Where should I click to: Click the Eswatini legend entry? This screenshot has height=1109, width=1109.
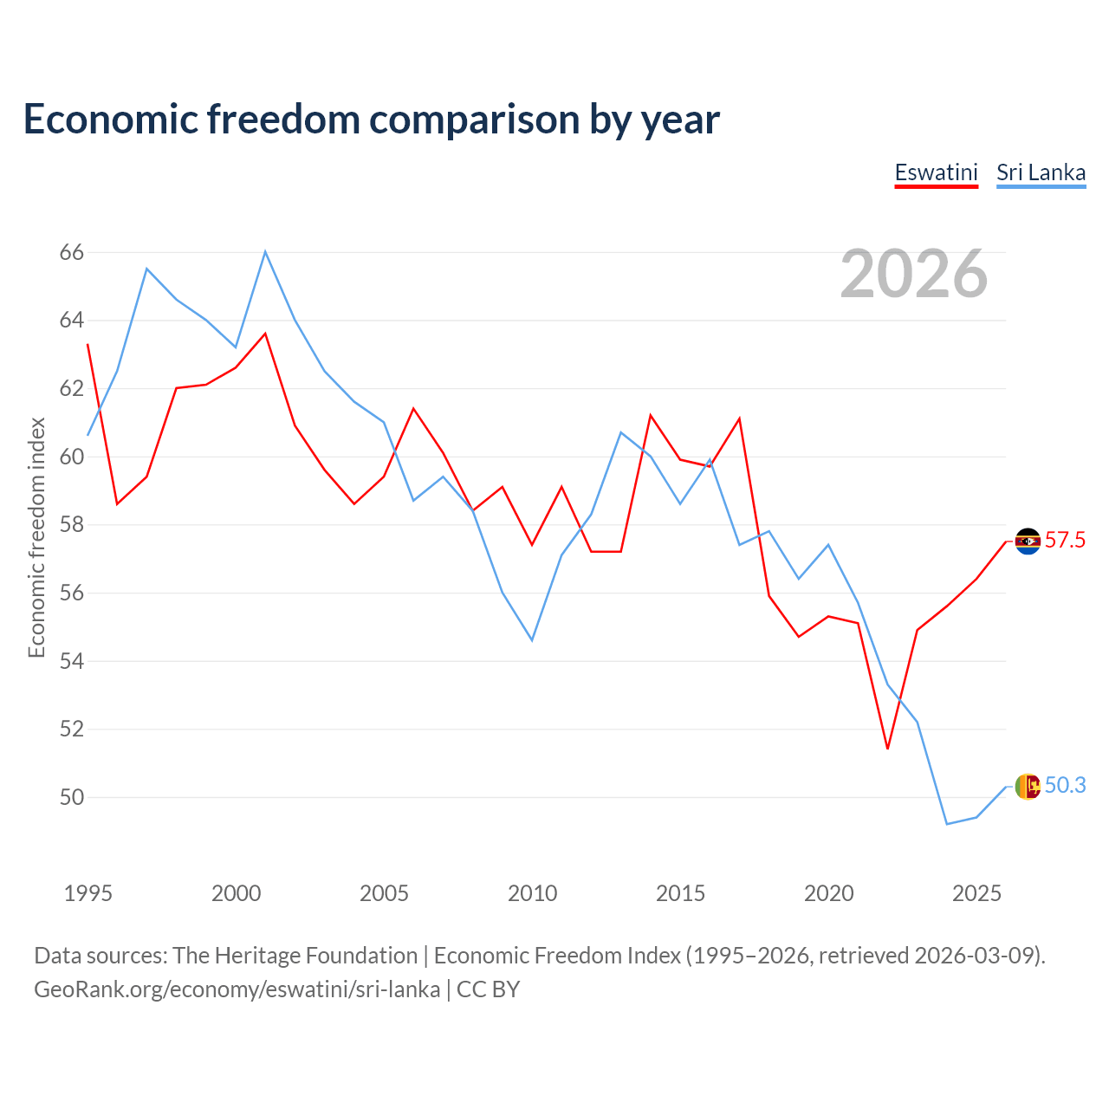click(937, 173)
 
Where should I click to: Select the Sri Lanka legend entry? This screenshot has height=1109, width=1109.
click(1041, 173)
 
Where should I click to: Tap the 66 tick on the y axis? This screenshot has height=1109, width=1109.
click(71, 252)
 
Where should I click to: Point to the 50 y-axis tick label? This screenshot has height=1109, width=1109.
click(71, 797)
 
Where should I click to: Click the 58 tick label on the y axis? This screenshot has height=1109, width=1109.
click(71, 525)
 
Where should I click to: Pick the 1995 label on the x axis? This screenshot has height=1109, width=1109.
click(88, 893)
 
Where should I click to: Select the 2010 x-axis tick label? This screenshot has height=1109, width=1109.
click(532, 893)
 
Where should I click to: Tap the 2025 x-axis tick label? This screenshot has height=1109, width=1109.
click(976, 893)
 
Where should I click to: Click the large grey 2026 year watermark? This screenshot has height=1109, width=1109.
click(914, 274)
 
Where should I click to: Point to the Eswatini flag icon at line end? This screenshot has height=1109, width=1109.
click(1028, 541)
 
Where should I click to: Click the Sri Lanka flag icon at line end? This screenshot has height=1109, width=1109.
click(1028, 786)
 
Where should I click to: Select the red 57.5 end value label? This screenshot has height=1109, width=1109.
click(1065, 541)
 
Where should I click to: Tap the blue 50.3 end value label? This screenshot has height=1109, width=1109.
click(1065, 785)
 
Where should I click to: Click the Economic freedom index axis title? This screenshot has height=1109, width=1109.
click(37, 537)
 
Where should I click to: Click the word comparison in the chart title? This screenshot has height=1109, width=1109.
click(475, 120)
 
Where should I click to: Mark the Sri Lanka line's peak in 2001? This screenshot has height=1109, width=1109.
click(265, 251)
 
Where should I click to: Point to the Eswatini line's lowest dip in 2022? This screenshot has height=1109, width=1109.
click(887, 749)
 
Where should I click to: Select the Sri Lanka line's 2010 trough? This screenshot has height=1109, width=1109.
click(532, 640)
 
